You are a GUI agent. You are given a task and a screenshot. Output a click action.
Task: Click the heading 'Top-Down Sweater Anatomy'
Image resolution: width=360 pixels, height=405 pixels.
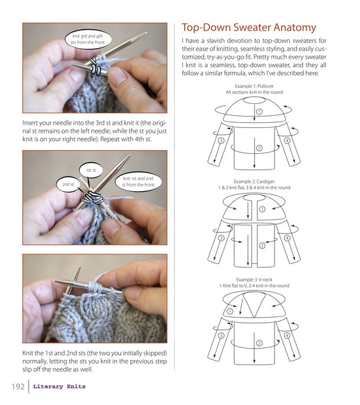pyautogui.click(x=249, y=28)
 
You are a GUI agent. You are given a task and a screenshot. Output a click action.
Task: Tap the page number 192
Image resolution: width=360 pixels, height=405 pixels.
pyautogui.click(x=18, y=387)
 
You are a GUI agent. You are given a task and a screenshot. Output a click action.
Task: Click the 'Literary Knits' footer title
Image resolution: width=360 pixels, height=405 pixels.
pyautogui.click(x=59, y=387)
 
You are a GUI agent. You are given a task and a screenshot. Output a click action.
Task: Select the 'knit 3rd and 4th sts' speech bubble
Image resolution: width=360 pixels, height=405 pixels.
pyautogui.click(x=88, y=39)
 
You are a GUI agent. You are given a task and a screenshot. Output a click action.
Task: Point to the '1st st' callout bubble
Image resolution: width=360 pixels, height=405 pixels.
pyautogui.click(x=91, y=170)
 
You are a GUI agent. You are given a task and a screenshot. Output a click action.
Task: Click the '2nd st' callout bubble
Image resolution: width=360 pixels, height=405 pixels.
pyautogui.click(x=68, y=184)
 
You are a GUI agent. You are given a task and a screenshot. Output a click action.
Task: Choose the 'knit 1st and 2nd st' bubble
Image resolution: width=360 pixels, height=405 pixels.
pyautogui.click(x=138, y=182)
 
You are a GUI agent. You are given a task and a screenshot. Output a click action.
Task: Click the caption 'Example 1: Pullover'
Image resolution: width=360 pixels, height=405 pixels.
pyautogui.click(x=254, y=86)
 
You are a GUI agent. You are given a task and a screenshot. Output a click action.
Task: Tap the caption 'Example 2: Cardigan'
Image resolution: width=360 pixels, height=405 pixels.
pyautogui.click(x=254, y=182)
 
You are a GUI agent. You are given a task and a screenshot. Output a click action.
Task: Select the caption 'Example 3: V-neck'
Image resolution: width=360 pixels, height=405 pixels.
pyautogui.click(x=254, y=280)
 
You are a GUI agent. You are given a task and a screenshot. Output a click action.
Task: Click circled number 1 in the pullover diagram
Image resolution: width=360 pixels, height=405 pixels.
pyautogui.click(x=259, y=111)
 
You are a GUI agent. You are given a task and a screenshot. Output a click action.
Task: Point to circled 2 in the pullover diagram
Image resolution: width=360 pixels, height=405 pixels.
pyautogui.click(x=259, y=148)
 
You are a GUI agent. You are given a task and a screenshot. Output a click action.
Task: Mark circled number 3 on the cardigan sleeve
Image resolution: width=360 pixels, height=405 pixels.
pyautogui.click(x=221, y=238)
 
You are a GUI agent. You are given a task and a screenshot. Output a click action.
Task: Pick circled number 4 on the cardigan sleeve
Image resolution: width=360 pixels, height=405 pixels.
pyautogui.click(x=287, y=238)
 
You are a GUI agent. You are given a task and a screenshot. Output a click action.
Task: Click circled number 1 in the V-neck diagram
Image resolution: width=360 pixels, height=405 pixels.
pyautogui.click(x=230, y=311)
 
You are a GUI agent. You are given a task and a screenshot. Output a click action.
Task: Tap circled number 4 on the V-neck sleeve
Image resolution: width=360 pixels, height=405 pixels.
pyautogui.click(x=287, y=335)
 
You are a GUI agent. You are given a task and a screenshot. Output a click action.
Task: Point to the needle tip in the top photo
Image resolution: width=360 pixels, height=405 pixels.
pyautogui.click(x=146, y=33)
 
